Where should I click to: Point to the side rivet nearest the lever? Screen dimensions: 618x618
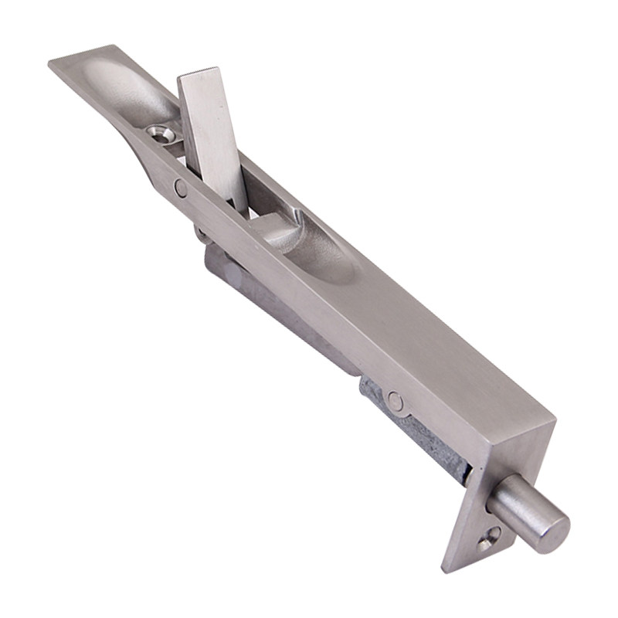click(180, 187)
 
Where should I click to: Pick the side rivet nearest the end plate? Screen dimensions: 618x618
click(395, 400)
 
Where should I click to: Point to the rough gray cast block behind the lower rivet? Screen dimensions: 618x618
click(417, 433)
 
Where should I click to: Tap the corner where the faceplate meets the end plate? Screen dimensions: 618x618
click(553, 423)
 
